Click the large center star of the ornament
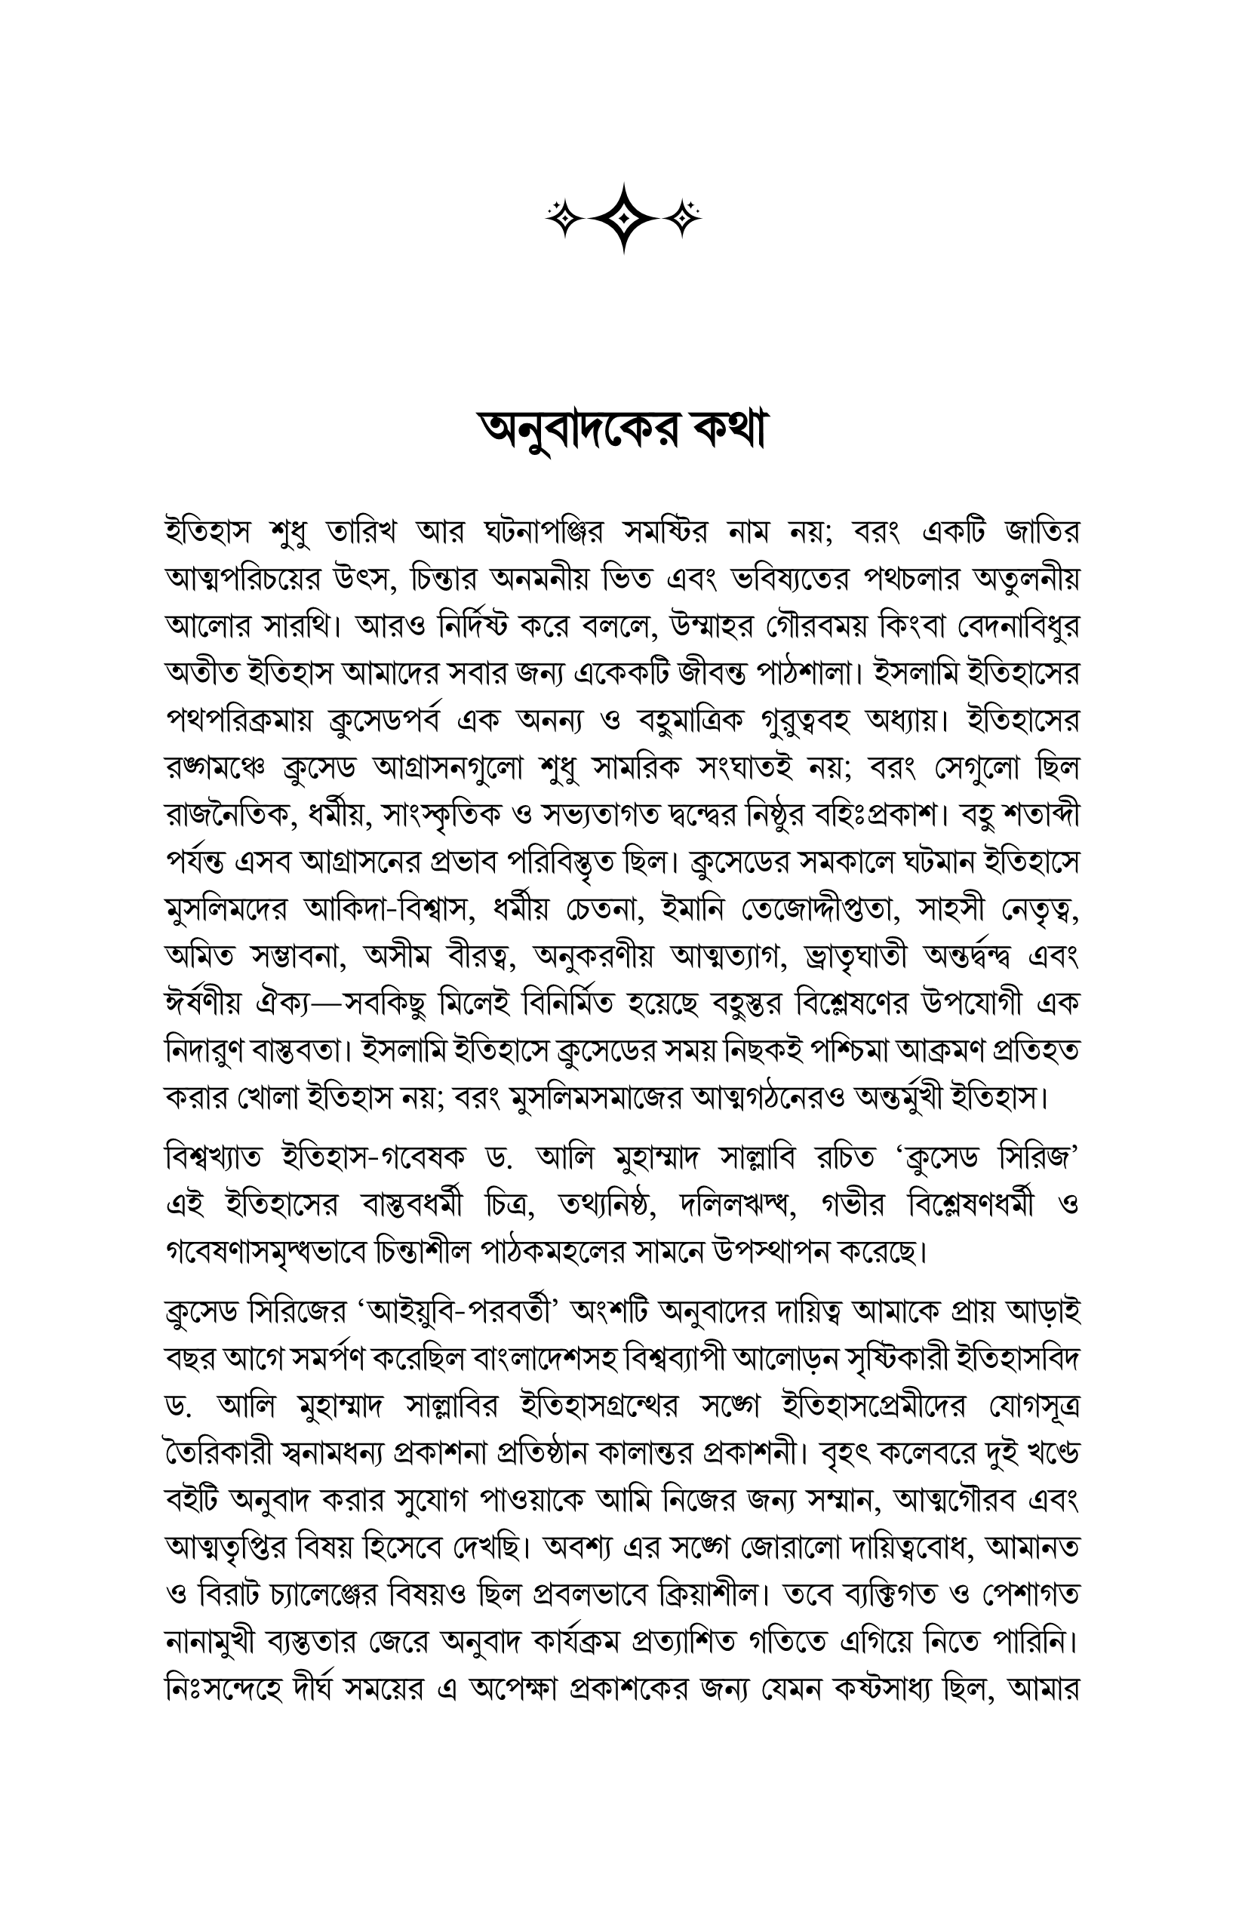[623, 217]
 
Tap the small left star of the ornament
[561, 216]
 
